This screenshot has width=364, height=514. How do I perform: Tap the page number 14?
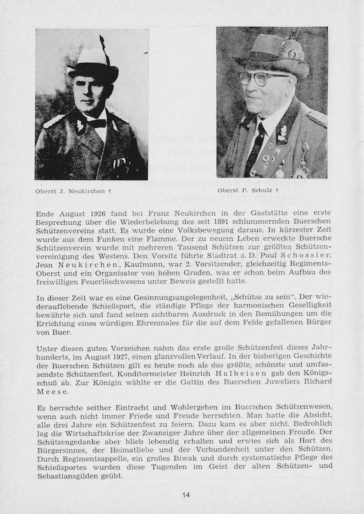(186, 495)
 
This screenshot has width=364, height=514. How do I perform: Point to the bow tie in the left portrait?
(97, 123)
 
